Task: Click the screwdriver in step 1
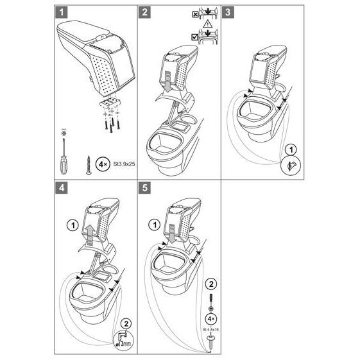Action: point(62,152)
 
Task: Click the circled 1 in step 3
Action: point(289,151)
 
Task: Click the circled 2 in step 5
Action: point(209,284)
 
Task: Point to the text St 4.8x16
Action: point(209,331)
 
